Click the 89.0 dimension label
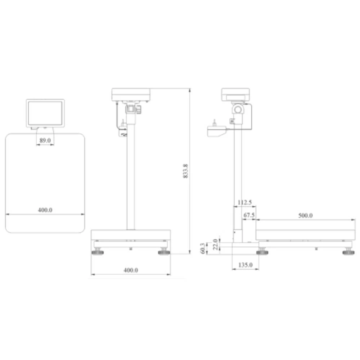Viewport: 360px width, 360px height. pos(45,140)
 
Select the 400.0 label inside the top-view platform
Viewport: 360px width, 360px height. pos(45,210)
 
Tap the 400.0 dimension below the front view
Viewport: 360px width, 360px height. pos(131,270)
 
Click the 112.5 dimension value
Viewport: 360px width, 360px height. pos(245,203)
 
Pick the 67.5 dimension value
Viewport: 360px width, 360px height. pos(249,215)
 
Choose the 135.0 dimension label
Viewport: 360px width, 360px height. pos(246,265)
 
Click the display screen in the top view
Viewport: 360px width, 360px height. pos(45,113)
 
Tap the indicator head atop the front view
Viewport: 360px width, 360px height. pos(131,94)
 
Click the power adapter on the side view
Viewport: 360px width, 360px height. pos(216,131)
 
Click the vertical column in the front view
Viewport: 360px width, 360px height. pos(131,180)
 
